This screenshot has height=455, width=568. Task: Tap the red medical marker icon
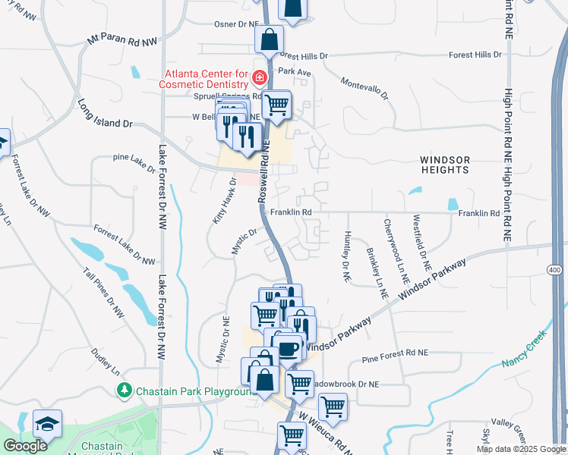(260, 77)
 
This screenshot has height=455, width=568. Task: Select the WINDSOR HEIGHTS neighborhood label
(446, 165)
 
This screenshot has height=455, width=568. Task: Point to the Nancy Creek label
(524, 349)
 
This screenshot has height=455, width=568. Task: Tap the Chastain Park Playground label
(193, 391)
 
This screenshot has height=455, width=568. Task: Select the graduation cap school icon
(47, 424)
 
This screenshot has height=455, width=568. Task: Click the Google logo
(25, 446)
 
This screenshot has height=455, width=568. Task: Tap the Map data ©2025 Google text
(522, 449)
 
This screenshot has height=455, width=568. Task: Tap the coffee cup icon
(289, 348)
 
